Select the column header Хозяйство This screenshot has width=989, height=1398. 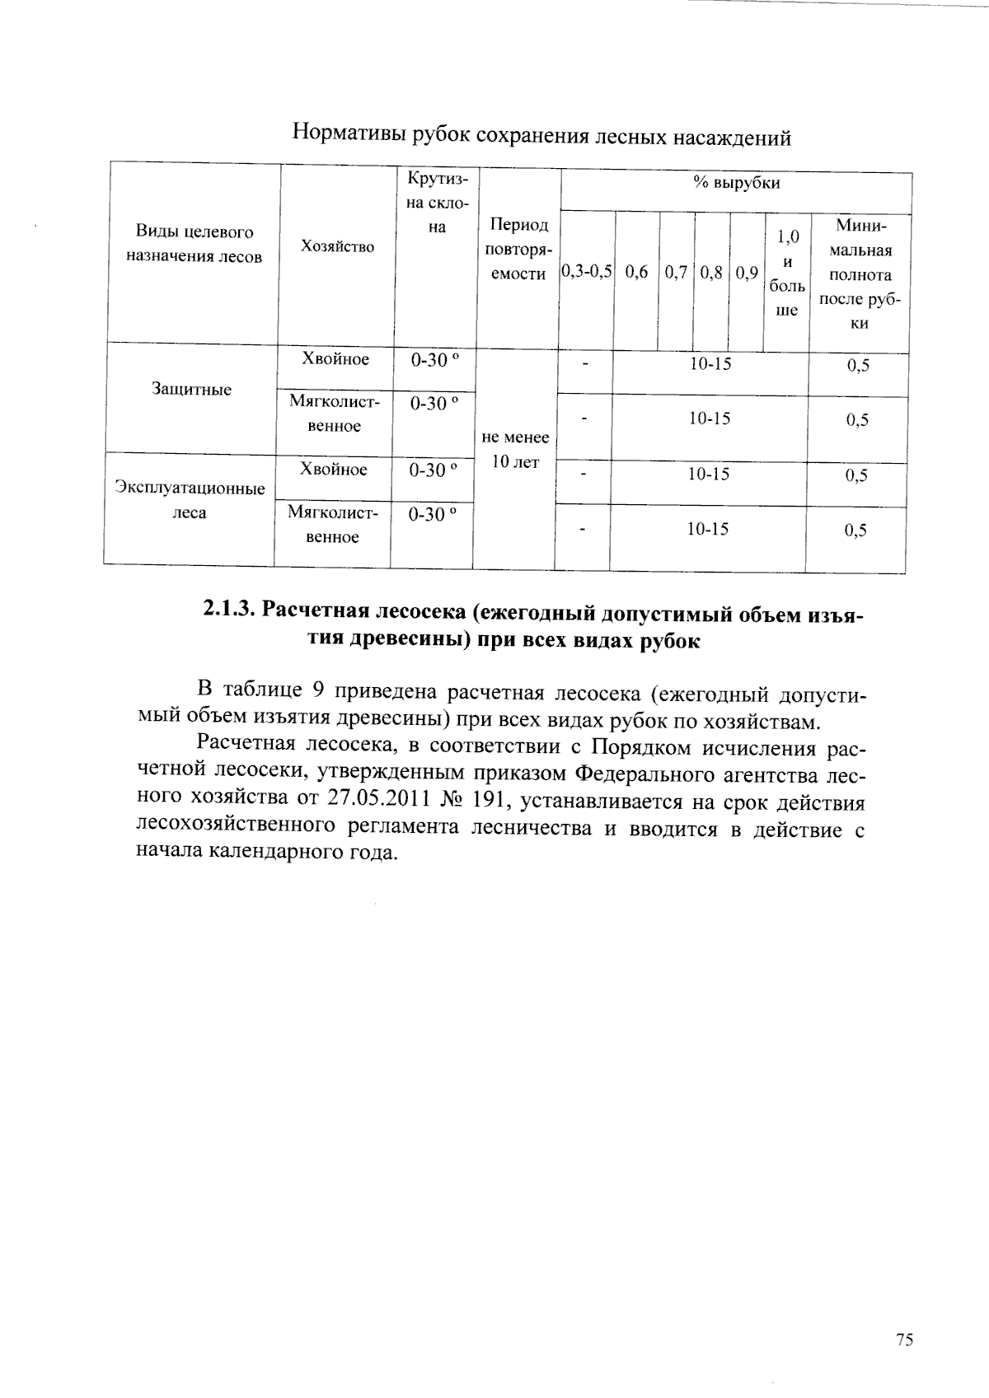click(337, 246)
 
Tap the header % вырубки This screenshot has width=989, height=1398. click(736, 183)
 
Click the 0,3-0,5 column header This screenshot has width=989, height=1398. click(586, 272)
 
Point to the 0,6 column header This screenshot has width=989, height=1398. click(636, 272)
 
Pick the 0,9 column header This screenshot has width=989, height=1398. click(747, 272)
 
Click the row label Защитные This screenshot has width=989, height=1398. click(191, 390)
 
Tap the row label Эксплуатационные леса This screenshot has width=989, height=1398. click(190, 501)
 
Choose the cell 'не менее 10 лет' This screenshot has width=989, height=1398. click(515, 450)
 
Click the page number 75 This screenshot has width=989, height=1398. click(904, 1340)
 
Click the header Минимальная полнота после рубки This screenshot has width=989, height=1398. click(860, 274)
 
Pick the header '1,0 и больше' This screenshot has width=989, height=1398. click(787, 274)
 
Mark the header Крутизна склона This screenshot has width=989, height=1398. click(437, 203)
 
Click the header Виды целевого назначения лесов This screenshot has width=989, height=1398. click(194, 244)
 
